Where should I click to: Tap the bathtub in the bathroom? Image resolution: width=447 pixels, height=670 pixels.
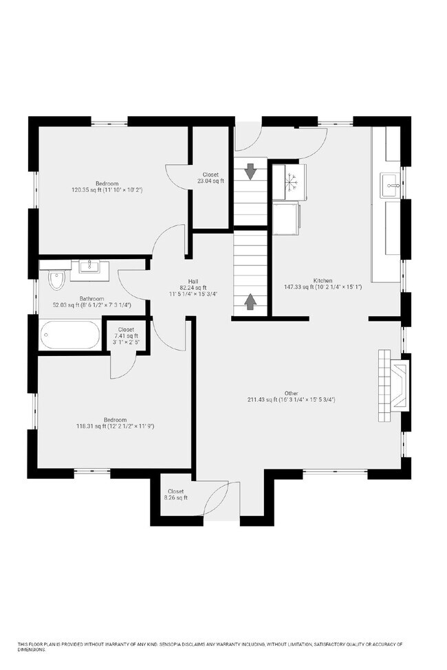coord(69,335)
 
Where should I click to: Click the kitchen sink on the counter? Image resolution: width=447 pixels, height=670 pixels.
coord(391,184)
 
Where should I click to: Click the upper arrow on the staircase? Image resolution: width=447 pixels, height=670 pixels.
coord(250,170)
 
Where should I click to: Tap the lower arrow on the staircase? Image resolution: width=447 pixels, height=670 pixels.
coord(250,300)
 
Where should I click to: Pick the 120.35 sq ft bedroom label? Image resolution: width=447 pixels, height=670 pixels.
coord(107,186)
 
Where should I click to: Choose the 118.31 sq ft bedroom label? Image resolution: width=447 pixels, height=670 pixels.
coord(115,423)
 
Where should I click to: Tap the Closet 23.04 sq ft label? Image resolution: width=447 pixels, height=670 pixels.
coord(210,177)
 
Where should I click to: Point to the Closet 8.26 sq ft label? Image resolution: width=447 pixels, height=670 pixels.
coord(175,495)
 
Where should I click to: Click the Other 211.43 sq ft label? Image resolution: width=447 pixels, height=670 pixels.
coord(291,397)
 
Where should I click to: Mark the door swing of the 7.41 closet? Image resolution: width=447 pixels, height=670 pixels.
coord(118,365)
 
